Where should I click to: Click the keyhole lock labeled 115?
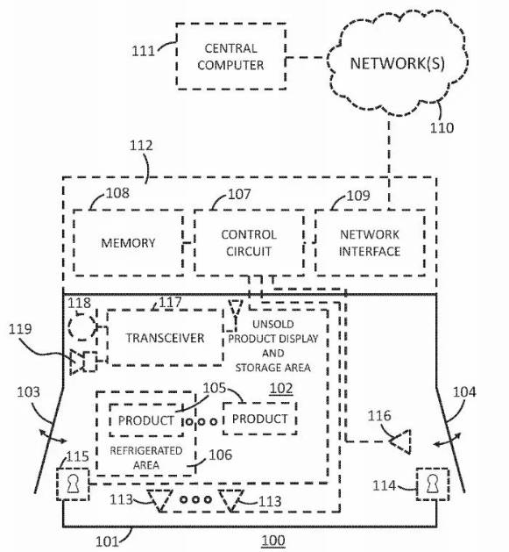(73, 484)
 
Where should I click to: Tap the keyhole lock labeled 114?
(433, 484)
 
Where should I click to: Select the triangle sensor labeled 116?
(400, 441)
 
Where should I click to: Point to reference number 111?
(143, 51)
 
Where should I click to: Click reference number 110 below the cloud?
(442, 127)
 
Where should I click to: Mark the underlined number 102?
(281, 389)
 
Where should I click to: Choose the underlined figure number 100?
(273, 541)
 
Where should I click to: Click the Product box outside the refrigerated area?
(260, 419)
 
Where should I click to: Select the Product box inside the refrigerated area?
(146, 420)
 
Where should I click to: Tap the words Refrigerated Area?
(146, 457)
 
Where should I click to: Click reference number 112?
(141, 146)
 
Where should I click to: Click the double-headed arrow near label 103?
(53, 436)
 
